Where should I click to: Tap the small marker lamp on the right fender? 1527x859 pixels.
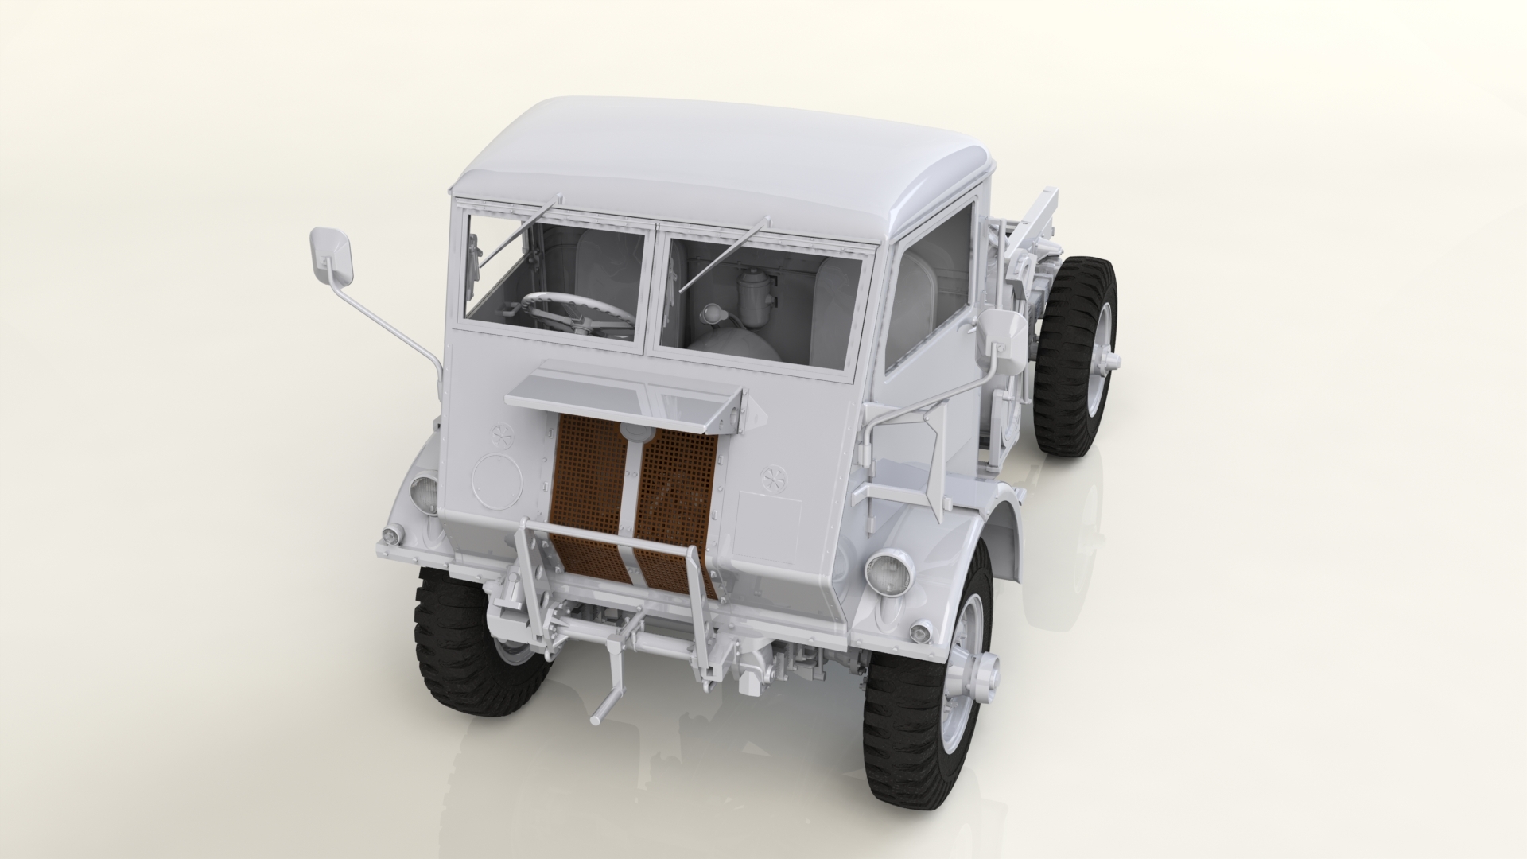tap(921, 632)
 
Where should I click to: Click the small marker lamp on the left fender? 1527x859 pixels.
tap(390, 536)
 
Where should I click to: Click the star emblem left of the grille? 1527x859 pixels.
tap(502, 436)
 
